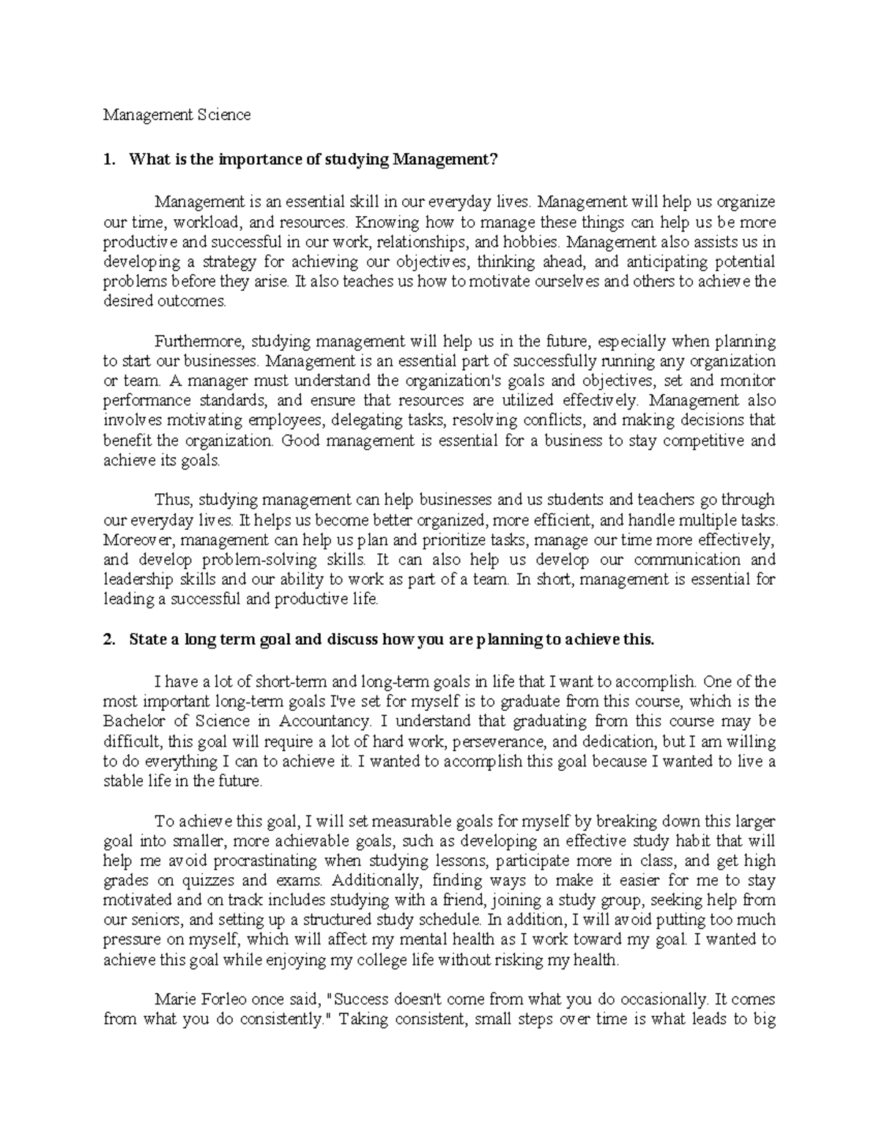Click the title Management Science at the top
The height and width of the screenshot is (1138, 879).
[x=177, y=114]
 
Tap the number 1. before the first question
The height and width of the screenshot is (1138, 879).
[x=108, y=160]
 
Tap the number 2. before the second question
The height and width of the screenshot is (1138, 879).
[x=108, y=639]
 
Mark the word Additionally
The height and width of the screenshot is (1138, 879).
[x=378, y=880]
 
